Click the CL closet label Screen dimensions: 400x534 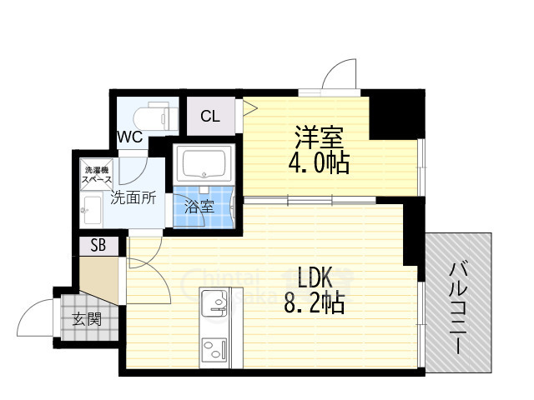pyautogui.click(x=210, y=117)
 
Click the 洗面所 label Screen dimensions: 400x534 pyautogui.click(x=133, y=198)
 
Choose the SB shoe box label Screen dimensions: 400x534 pyautogui.click(x=98, y=246)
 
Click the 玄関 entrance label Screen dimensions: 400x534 pyautogui.click(x=83, y=317)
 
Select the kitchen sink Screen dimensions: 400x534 pyautogui.click(x=214, y=302)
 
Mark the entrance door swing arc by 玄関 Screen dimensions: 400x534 pyautogui.click(x=35, y=315)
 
